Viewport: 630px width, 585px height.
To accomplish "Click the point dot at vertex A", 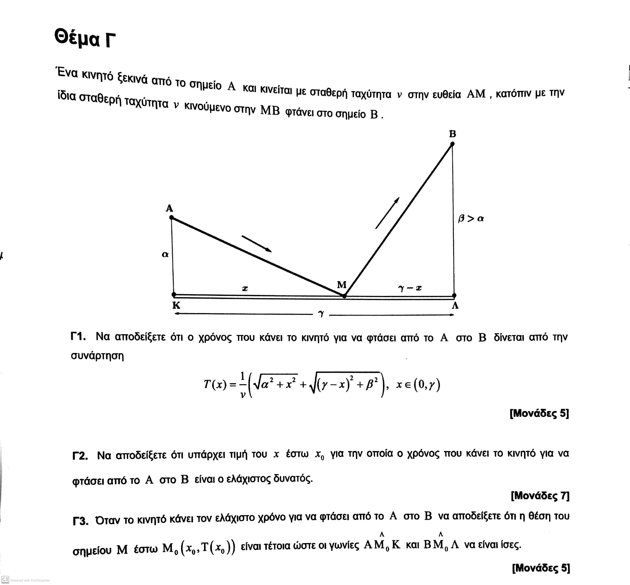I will [x=171, y=217].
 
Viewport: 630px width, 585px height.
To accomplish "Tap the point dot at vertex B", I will [x=452, y=144].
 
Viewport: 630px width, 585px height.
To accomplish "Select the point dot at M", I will [x=344, y=296].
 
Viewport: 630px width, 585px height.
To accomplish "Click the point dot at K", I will [x=174, y=294].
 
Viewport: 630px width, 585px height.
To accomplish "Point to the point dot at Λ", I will [x=454, y=295].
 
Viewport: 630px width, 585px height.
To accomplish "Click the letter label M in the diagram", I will [x=341, y=285].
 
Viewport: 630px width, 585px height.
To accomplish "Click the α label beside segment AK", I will [x=165, y=254].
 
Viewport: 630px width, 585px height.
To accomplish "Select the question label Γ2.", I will [x=80, y=456].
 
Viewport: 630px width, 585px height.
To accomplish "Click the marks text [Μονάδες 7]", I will [x=540, y=495].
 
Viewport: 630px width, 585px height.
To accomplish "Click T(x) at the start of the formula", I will [x=215, y=385].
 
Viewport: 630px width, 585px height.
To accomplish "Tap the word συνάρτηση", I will [x=97, y=356].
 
